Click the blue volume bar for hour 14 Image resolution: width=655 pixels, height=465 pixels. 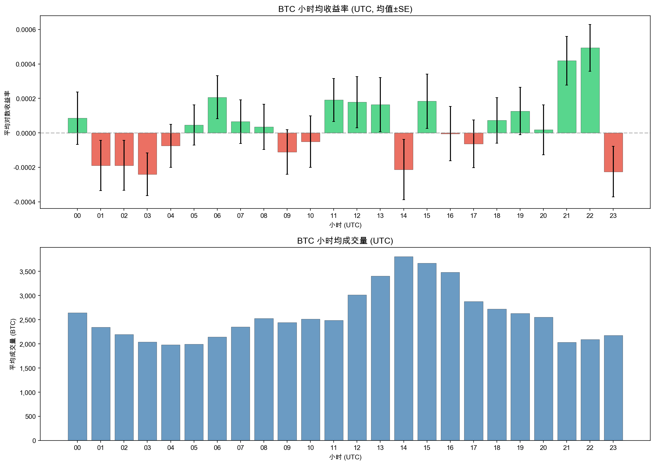coord(403,349)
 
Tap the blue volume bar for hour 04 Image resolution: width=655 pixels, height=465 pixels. coord(170,392)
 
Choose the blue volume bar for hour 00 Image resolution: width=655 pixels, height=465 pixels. coord(77,377)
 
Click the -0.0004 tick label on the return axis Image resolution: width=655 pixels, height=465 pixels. coord(25,202)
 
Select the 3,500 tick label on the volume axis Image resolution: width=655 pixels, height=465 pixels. coord(28,272)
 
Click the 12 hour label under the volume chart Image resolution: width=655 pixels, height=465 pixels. coord(357,448)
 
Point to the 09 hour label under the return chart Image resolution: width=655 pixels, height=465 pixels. coord(287,216)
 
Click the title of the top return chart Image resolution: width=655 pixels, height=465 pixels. coord(345,9)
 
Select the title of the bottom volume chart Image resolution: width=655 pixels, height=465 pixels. coord(345,241)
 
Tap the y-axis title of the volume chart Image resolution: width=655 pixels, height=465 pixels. coord(13,344)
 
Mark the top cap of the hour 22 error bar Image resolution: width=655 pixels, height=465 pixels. coord(590,24)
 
